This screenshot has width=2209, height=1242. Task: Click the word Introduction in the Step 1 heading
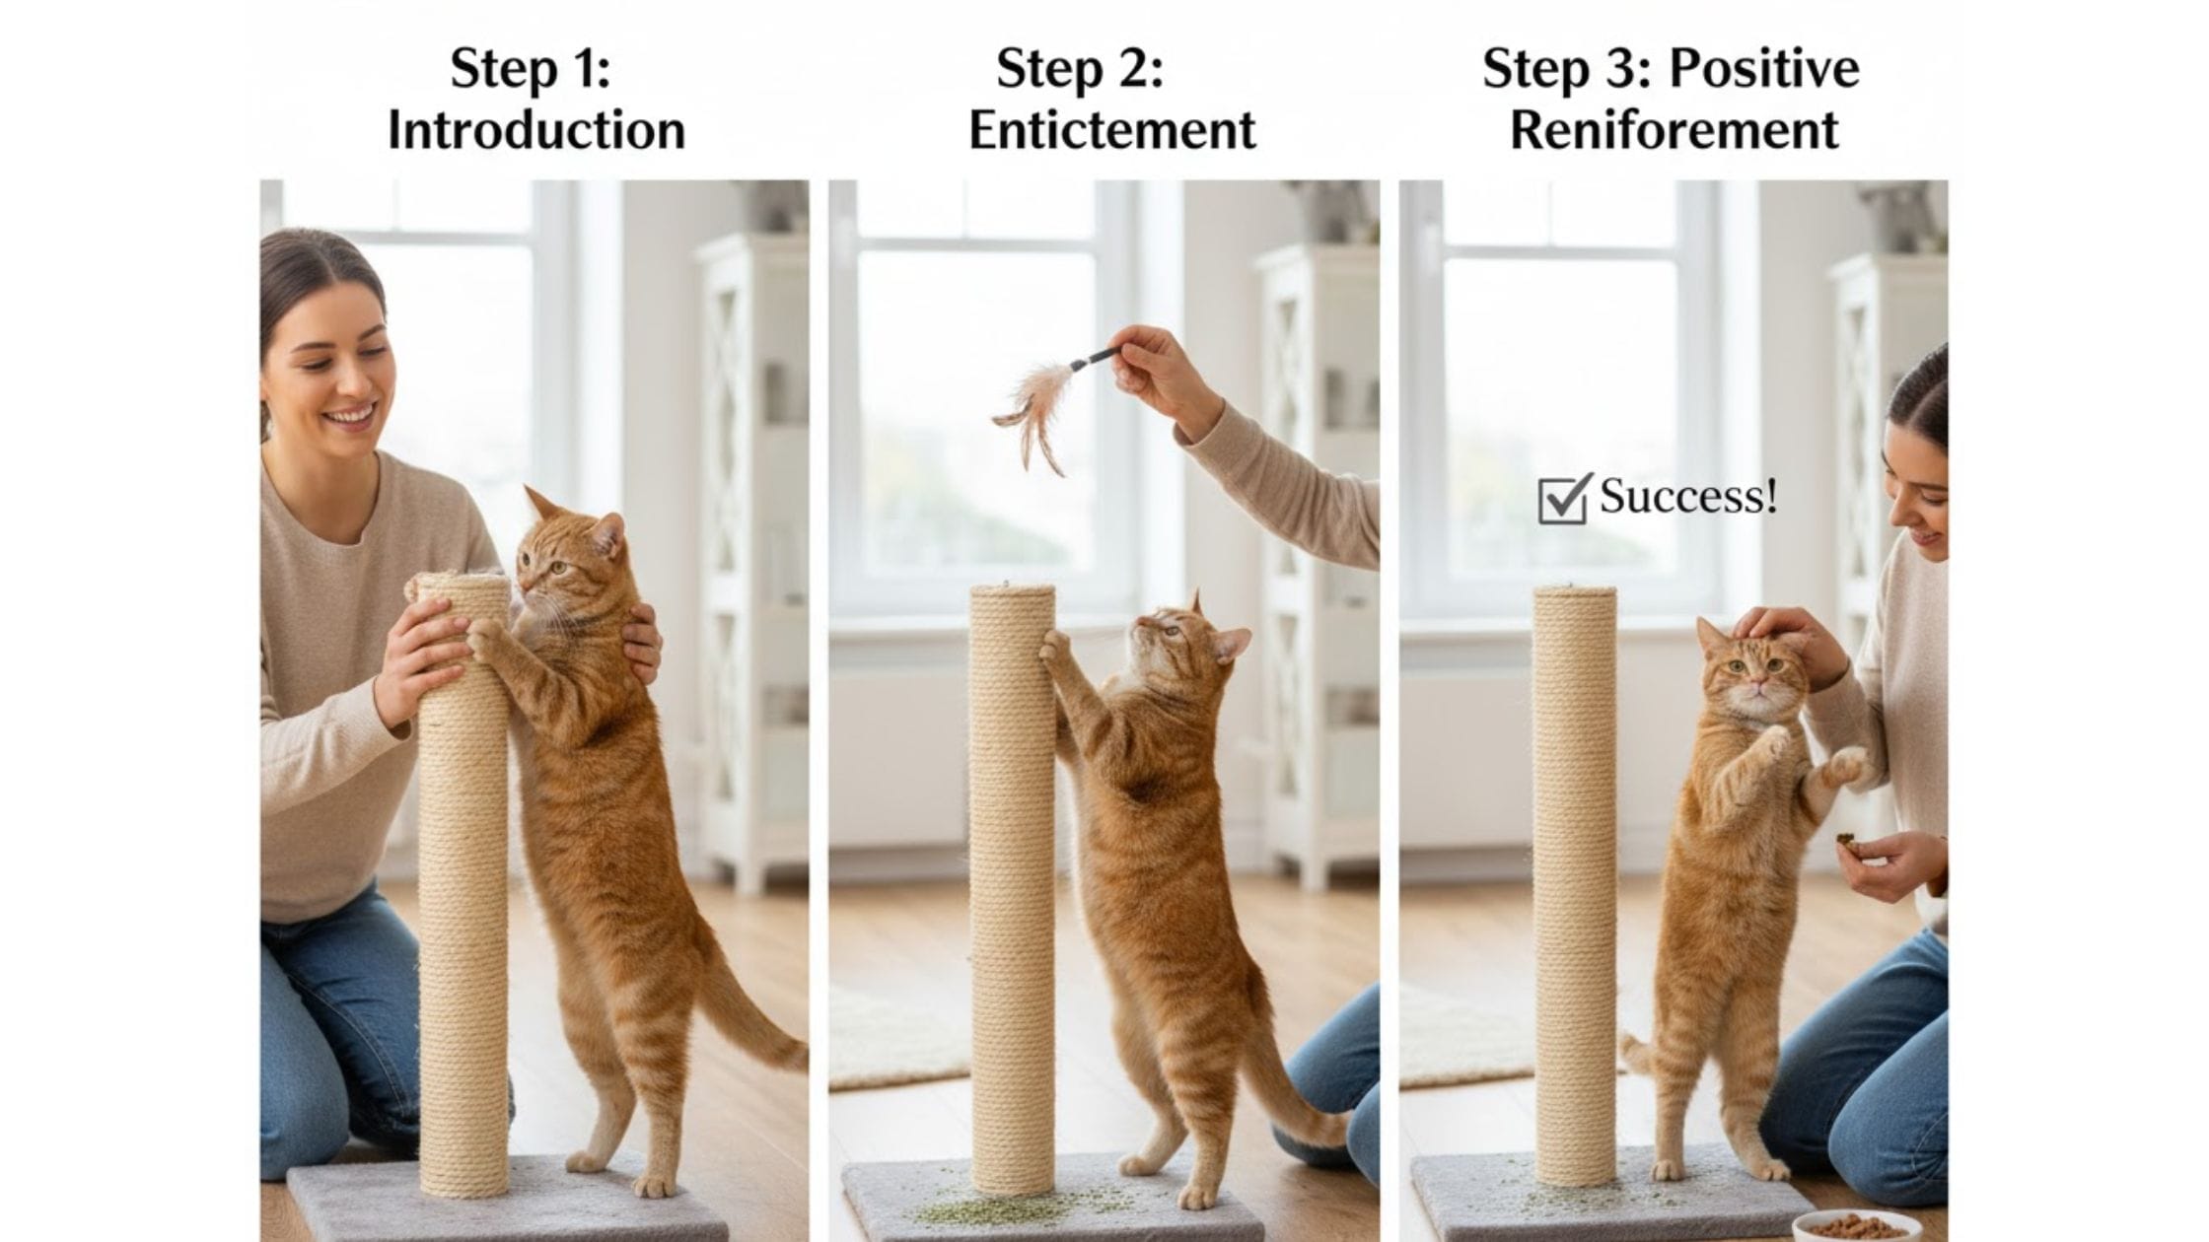[536, 131]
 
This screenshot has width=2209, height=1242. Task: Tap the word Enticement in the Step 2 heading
[1112, 131]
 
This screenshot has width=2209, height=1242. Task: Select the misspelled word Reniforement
[1675, 131]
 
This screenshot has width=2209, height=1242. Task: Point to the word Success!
[1688, 496]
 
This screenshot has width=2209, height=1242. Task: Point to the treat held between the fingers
[1845, 843]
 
